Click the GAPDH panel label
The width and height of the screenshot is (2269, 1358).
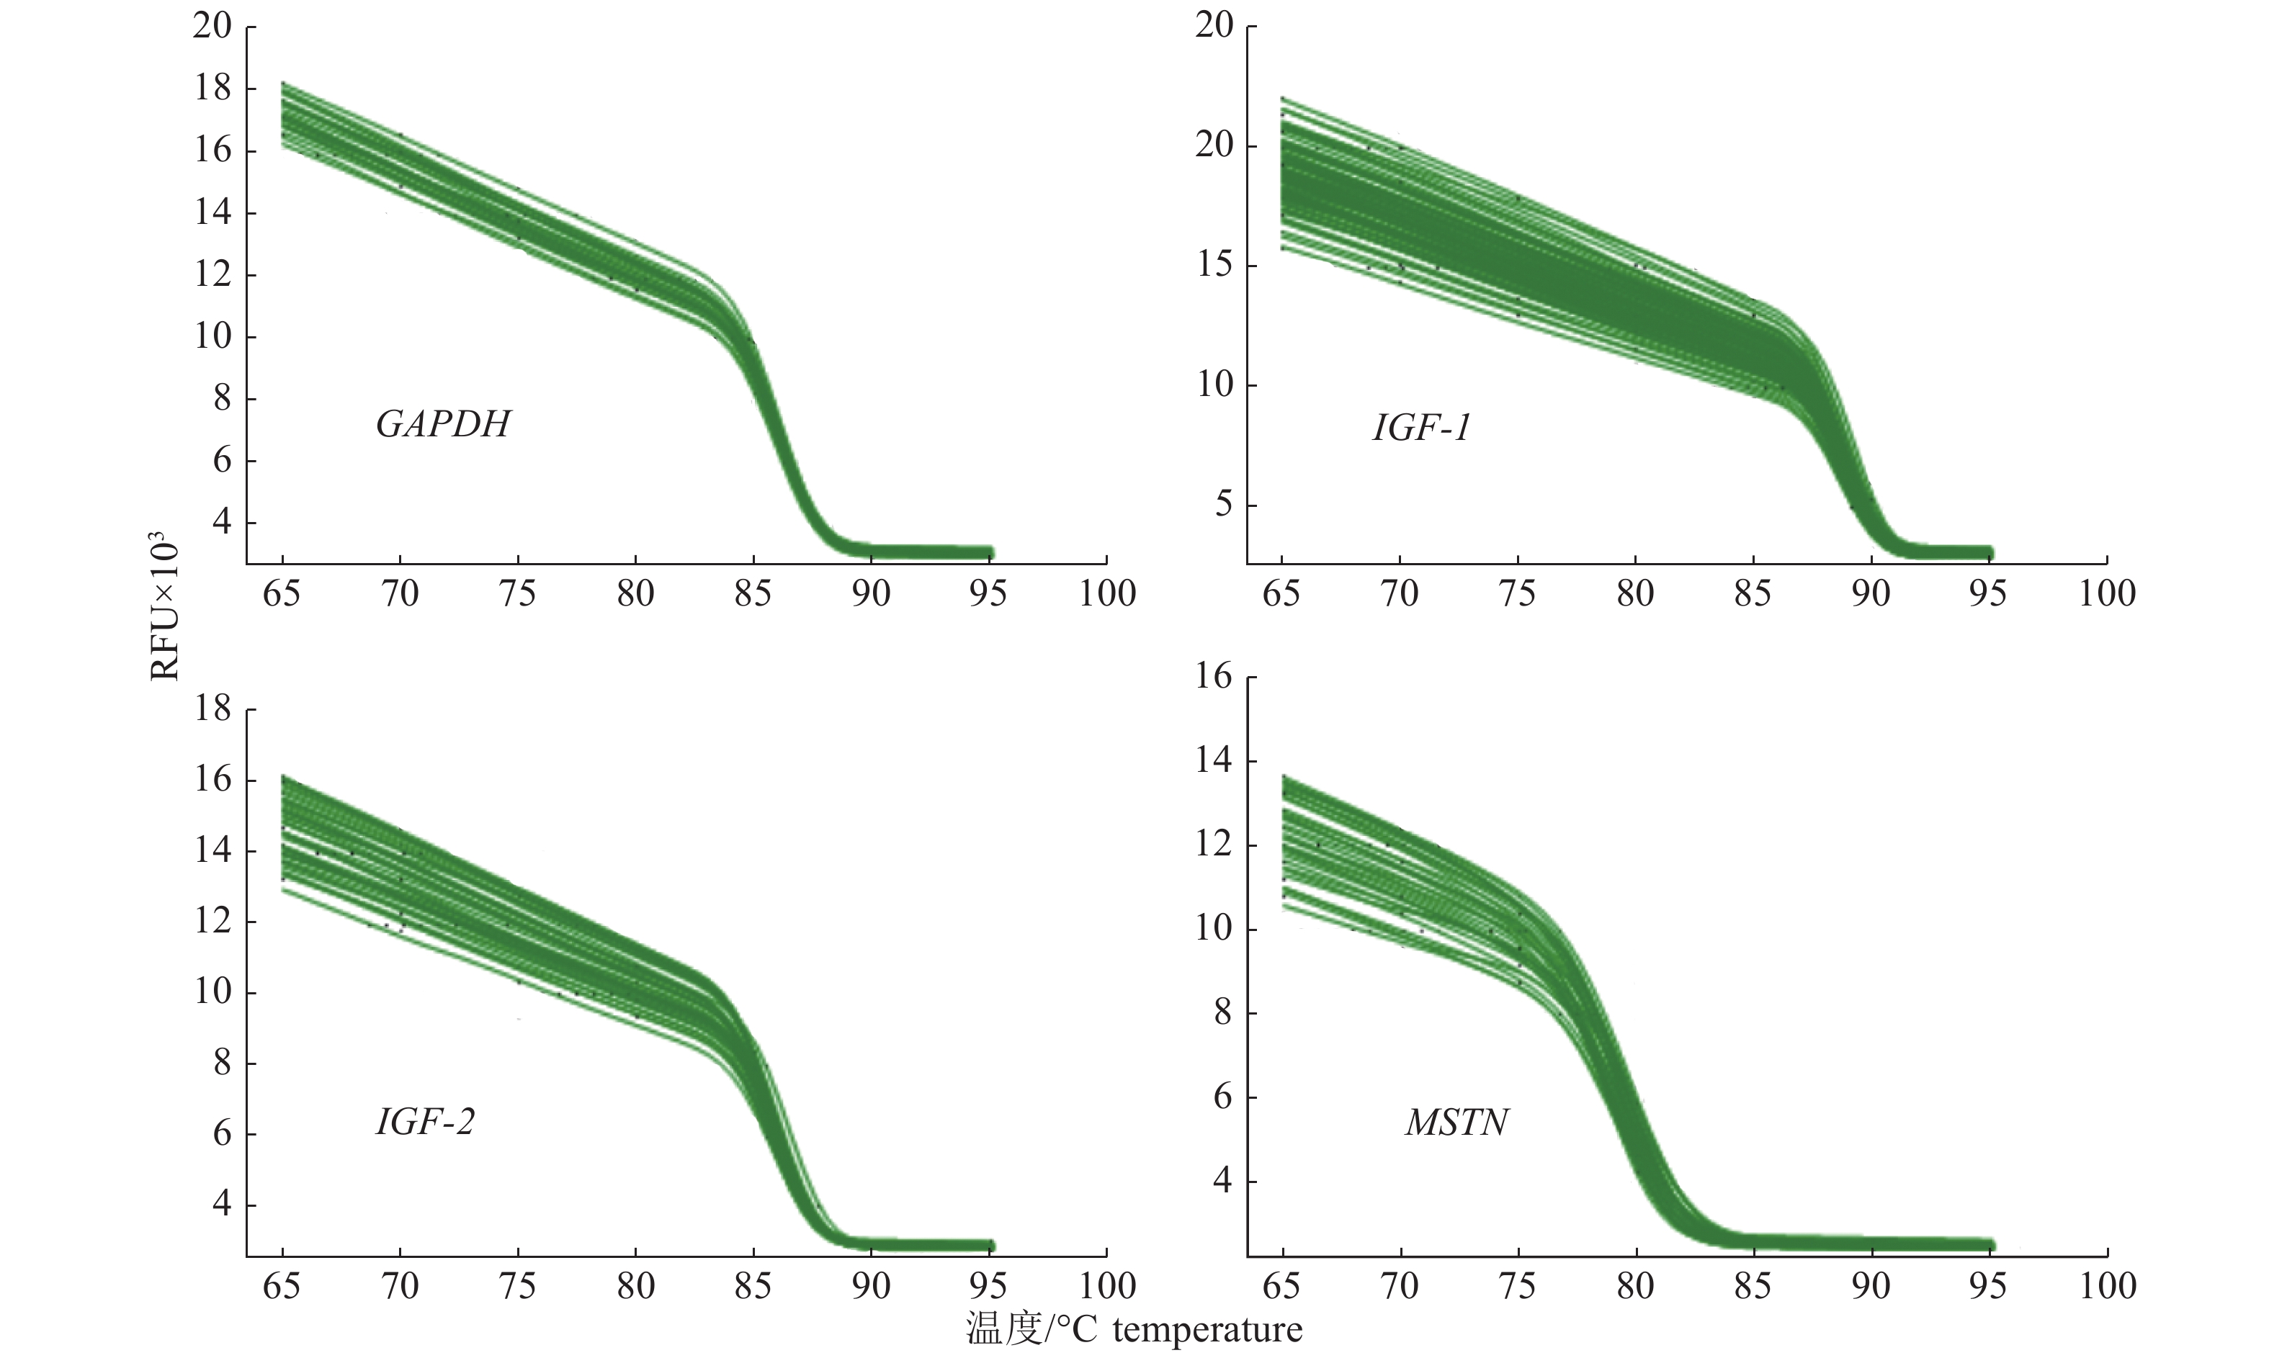coord(443,425)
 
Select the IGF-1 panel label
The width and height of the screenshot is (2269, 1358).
coord(1421,428)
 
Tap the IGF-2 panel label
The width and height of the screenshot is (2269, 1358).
coord(426,1122)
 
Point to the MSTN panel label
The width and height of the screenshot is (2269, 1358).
coord(1456,1123)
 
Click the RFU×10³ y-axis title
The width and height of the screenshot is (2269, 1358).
coord(165,605)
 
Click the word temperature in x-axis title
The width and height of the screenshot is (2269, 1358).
coord(1207,1328)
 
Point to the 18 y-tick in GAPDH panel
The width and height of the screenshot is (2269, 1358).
coord(212,89)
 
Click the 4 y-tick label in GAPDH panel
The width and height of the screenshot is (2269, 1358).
coord(222,523)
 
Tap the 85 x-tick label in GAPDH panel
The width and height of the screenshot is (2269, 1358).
coord(753,595)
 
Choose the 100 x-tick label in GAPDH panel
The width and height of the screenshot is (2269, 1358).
coord(1106,595)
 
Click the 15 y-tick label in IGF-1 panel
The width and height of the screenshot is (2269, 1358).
coord(1214,266)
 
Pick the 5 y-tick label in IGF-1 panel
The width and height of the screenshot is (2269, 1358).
coord(1224,504)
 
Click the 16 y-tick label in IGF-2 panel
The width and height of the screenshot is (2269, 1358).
coord(212,781)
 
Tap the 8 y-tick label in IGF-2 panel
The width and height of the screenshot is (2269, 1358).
coord(222,1064)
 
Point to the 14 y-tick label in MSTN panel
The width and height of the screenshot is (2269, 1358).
coord(1214,761)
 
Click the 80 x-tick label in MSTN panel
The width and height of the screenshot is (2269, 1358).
coord(1636,1287)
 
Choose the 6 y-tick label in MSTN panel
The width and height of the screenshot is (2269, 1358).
coord(1224,1097)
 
